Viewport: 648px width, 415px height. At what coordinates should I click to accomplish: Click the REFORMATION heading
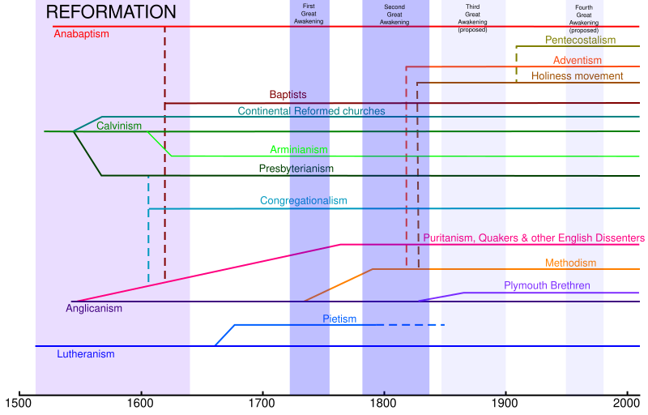tap(111, 12)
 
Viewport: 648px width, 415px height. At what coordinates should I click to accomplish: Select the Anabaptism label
tap(81, 34)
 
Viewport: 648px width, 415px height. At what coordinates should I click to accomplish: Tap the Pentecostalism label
tap(580, 40)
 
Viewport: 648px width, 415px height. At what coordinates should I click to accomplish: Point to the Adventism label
tap(578, 61)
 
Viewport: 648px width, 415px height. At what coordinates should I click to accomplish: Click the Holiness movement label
tap(578, 76)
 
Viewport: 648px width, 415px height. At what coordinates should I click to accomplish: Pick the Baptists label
tap(288, 95)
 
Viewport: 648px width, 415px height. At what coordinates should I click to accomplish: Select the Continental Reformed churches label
tap(311, 111)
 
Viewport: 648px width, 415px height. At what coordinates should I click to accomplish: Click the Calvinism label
tap(119, 126)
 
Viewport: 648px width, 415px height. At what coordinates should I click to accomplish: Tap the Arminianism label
tap(299, 150)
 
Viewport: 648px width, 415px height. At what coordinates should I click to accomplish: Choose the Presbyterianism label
tap(296, 169)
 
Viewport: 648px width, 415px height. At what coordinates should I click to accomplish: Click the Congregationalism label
tap(303, 200)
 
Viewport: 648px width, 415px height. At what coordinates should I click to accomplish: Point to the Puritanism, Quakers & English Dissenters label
tap(534, 237)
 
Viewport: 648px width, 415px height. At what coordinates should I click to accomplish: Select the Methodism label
tap(570, 263)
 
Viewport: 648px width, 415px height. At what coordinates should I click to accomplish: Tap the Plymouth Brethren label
tap(547, 285)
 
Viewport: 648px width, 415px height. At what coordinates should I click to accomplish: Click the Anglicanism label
tap(94, 308)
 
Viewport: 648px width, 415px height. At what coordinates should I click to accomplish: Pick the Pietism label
tap(339, 319)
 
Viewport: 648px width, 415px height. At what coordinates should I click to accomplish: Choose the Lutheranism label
tap(86, 354)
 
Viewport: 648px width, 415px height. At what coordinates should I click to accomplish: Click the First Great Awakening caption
tap(309, 14)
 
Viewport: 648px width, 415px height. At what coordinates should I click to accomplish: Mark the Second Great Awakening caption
tap(394, 15)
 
